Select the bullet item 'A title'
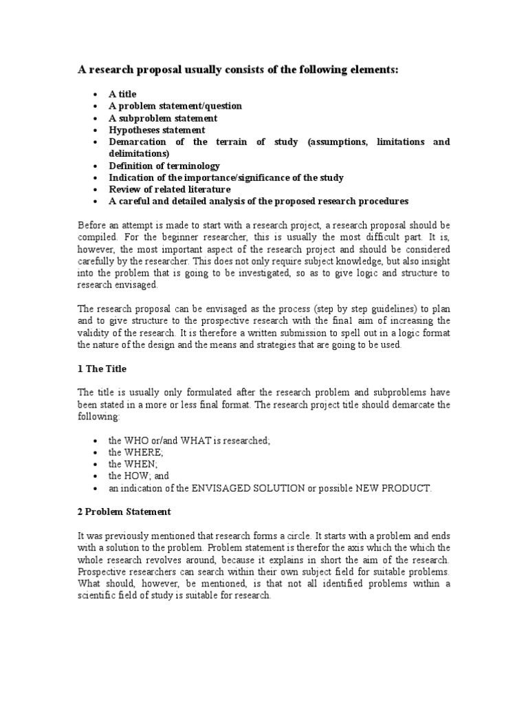click(122, 94)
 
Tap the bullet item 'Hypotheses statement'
click(157, 130)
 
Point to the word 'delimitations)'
click(139, 153)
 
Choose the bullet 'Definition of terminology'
click(164, 166)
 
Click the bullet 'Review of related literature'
click(169, 189)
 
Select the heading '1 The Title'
click(102, 368)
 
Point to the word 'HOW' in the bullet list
click(135, 475)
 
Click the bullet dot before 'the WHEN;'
click(94, 464)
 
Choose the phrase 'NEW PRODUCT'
click(395, 487)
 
